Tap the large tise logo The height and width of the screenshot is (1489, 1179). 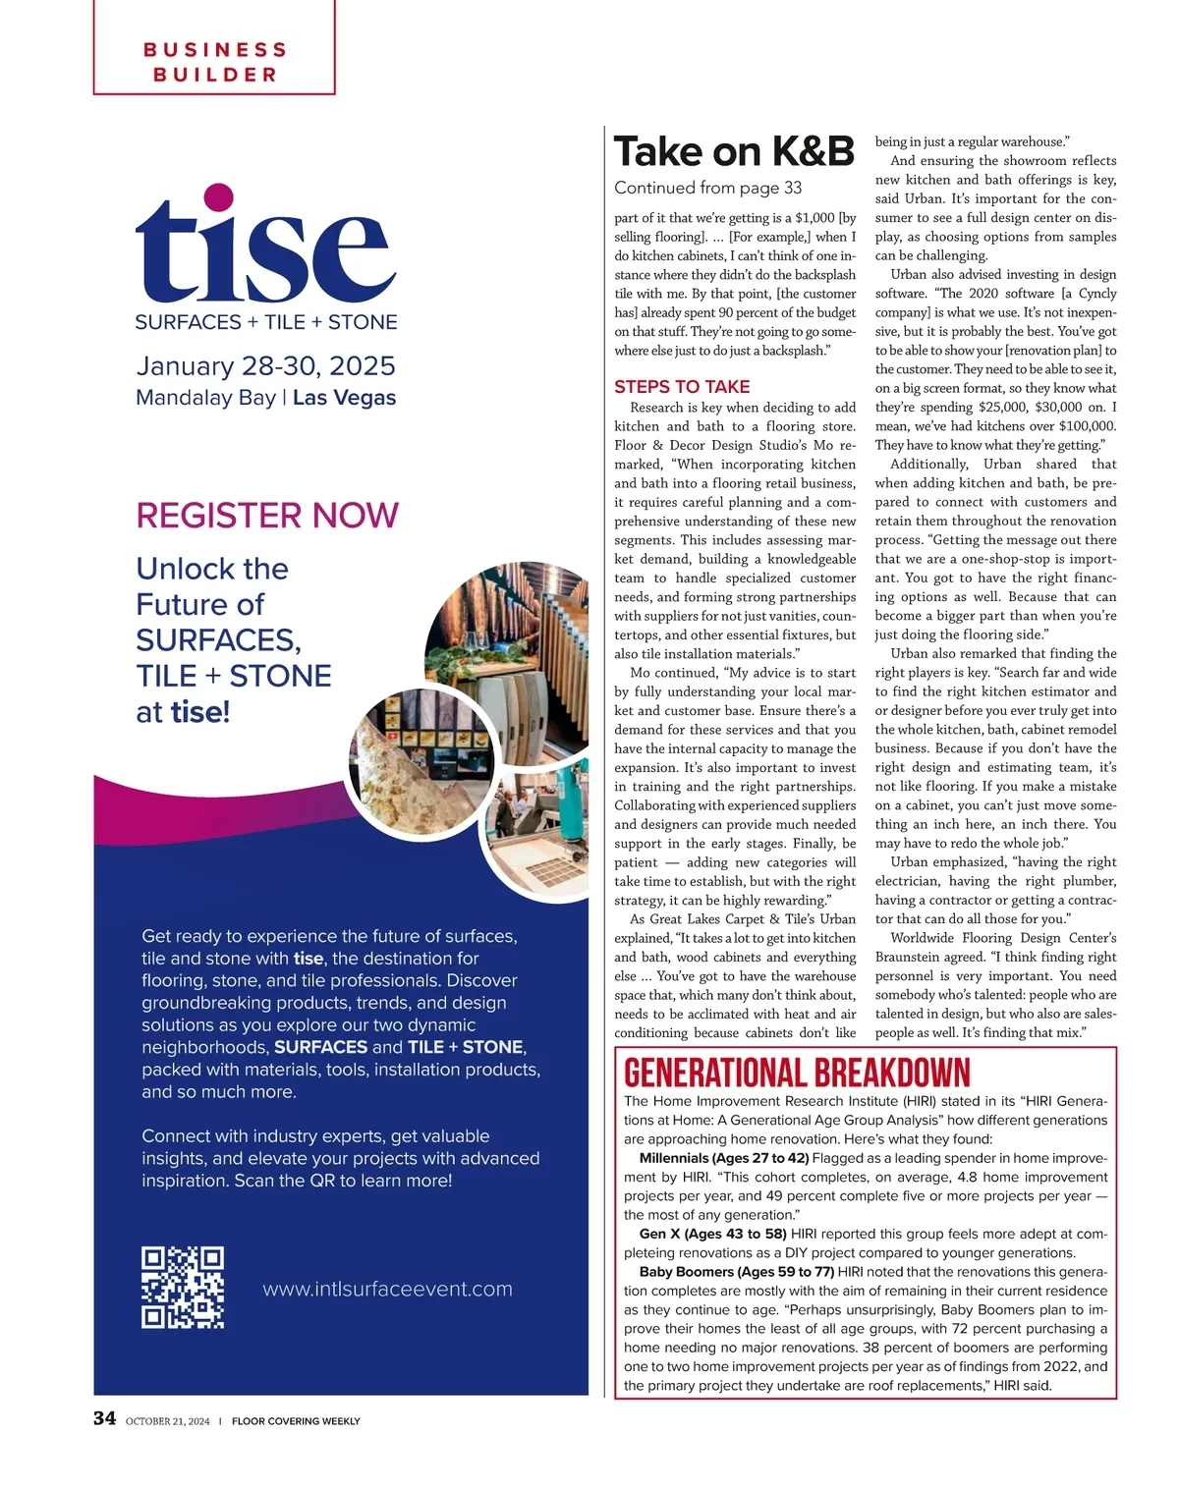(265, 246)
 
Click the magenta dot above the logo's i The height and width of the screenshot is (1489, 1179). (217, 196)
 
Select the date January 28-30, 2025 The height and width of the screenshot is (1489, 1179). (265, 366)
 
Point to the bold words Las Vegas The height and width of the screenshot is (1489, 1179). (344, 398)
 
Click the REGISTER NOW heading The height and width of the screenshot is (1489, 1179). (266, 516)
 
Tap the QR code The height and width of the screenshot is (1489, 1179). (183, 1288)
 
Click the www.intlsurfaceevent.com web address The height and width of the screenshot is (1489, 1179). (387, 1289)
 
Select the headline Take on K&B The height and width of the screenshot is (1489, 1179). (734, 152)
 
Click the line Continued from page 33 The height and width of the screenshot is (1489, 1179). (707, 188)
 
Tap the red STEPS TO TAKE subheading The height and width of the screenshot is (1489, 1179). (682, 387)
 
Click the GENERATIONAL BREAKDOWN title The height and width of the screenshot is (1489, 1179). (797, 1072)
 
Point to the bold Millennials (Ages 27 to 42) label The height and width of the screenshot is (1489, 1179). (724, 1158)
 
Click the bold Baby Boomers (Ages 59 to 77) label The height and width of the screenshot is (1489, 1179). (736, 1272)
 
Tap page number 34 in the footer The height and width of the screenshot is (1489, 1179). (104, 1418)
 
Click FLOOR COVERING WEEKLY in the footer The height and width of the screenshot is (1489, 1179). (296, 1421)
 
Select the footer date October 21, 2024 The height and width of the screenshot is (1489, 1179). (167, 1421)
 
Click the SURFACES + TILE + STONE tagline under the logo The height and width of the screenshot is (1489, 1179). (265, 322)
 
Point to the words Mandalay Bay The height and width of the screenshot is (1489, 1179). (205, 398)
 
